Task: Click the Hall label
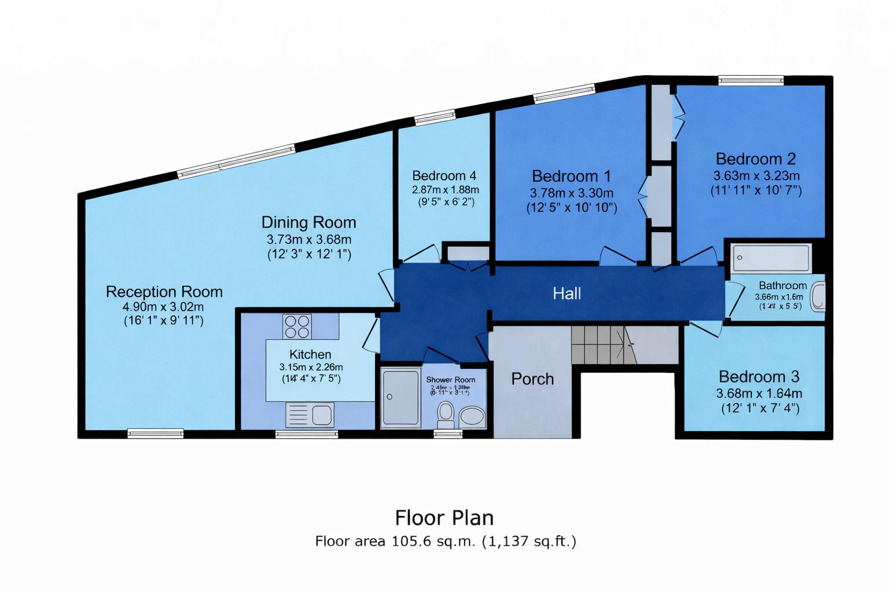567,294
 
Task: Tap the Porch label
532,379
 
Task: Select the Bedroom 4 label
444,176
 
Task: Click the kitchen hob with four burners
297,326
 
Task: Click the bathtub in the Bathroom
771,258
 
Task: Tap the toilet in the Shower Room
445,413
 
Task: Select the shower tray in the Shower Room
401,397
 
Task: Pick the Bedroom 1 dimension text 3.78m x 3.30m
571,193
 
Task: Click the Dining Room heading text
308,223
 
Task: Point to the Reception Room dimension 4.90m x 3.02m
163,307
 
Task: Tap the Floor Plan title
444,517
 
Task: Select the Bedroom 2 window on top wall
751,81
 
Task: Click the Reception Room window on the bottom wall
155,432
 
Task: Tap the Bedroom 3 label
759,377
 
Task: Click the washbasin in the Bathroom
817,297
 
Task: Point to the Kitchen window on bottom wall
306,433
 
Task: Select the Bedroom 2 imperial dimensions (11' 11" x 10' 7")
756,190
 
